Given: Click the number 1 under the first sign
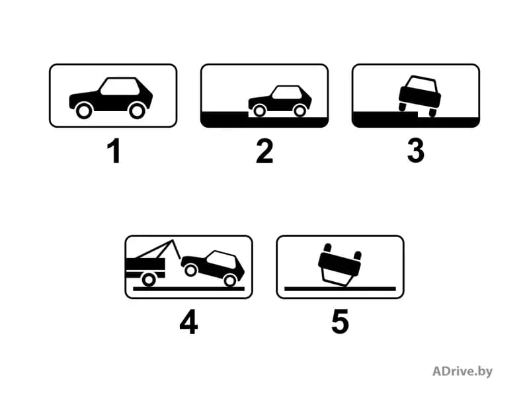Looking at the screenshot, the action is (x=114, y=152).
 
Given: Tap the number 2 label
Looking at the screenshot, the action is (x=264, y=152).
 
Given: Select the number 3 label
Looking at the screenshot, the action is (x=416, y=152).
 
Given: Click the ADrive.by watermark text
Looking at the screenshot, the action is (x=462, y=371).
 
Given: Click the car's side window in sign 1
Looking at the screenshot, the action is (x=120, y=87).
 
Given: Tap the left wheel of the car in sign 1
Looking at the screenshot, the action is (x=84, y=110).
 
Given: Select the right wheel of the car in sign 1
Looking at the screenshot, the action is (x=137, y=110).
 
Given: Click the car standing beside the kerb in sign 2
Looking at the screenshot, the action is (x=280, y=101).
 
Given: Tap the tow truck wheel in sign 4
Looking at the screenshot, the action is (x=148, y=280).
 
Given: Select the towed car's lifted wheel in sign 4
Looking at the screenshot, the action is (x=191, y=270).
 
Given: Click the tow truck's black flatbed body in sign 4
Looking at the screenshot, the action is (x=145, y=264).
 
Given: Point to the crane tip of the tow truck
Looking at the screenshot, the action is (x=173, y=240).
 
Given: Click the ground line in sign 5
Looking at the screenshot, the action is (x=340, y=289).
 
